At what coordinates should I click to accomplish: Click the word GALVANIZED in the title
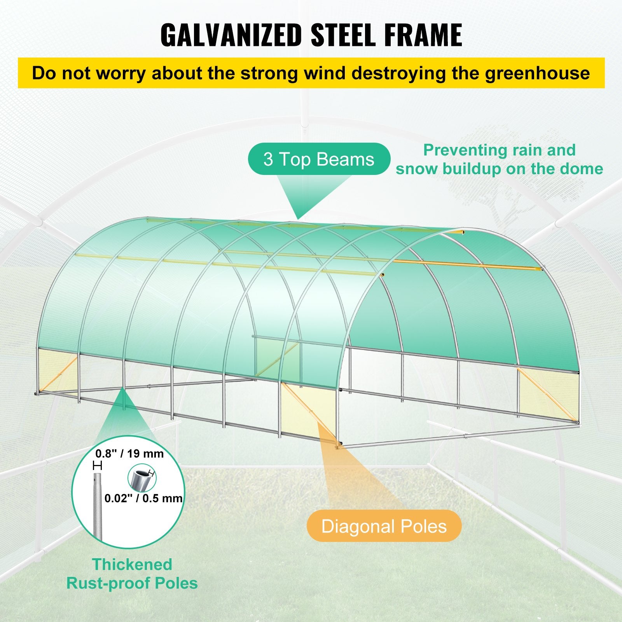coord(231,35)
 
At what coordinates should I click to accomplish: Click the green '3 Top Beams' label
coord(319,159)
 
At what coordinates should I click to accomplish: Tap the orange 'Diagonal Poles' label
coord(384,526)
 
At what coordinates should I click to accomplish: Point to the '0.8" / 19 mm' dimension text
coord(130,454)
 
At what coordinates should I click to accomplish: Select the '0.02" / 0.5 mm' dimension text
coord(143,498)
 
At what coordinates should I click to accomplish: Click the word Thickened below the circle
coord(132,564)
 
